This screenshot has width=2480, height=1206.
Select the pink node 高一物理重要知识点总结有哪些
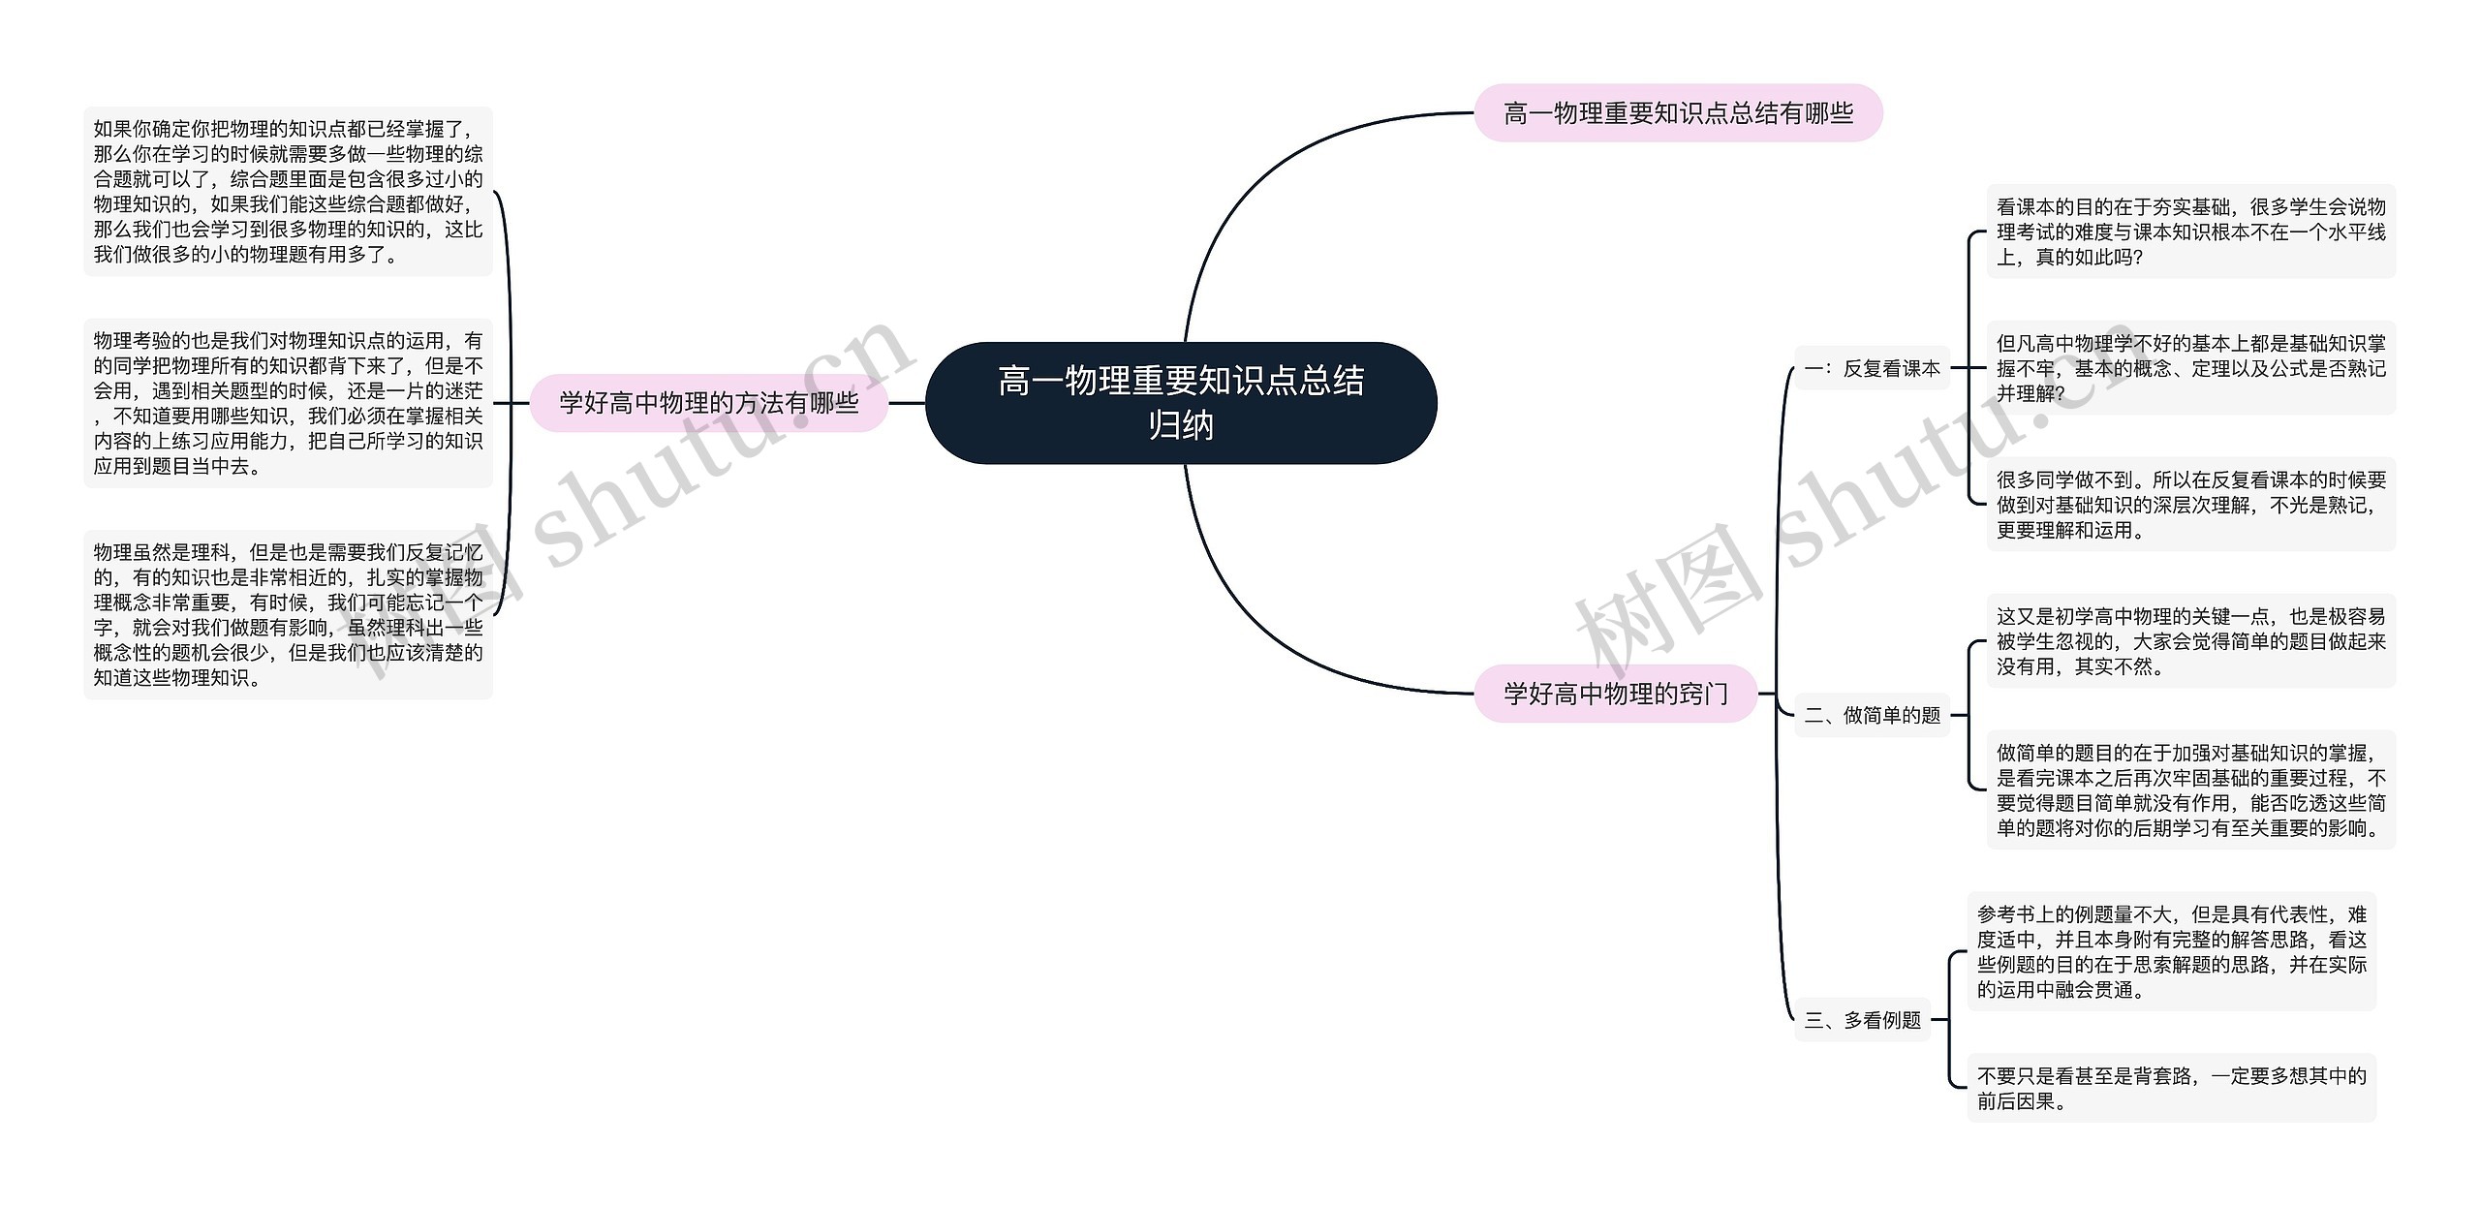[1677, 113]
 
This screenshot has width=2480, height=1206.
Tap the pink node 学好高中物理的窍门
[1615, 694]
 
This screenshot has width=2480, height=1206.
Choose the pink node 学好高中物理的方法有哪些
[708, 403]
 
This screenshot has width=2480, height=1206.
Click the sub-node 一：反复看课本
[1871, 368]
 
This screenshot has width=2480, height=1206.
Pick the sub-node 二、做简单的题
[1871, 715]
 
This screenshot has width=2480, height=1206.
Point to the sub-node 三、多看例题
[1861, 1020]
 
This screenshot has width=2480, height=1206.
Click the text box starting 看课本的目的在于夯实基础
[2190, 232]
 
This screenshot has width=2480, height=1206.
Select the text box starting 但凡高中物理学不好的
[2190, 368]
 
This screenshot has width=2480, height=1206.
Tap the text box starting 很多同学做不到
[2190, 505]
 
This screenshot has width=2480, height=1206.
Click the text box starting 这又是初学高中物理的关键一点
[2190, 641]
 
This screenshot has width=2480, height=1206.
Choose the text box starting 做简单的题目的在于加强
[2190, 789]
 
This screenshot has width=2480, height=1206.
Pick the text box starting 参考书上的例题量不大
[2171, 951]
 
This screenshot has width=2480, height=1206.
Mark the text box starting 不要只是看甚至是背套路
[2171, 1088]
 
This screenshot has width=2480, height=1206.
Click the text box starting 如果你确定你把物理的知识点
[288, 192]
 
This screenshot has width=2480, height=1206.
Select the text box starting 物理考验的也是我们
[288, 403]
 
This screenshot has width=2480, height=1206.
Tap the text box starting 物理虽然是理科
[288, 614]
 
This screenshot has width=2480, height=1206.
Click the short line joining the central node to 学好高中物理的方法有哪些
[907, 403]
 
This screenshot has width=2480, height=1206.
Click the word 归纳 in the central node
[1180, 425]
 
